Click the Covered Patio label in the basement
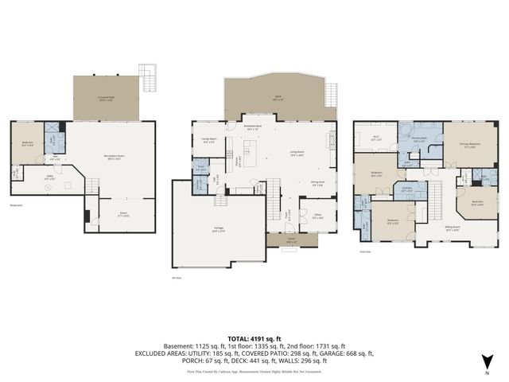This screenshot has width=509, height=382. pos(105,99)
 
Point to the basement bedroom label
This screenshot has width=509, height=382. pos(27,144)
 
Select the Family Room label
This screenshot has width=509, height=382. pos(209,140)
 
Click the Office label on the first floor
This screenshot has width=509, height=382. pos(317,216)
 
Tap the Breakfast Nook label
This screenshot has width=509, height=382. pos(254,127)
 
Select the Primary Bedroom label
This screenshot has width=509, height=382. pos(469,145)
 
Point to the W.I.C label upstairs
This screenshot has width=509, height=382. pos(378,138)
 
